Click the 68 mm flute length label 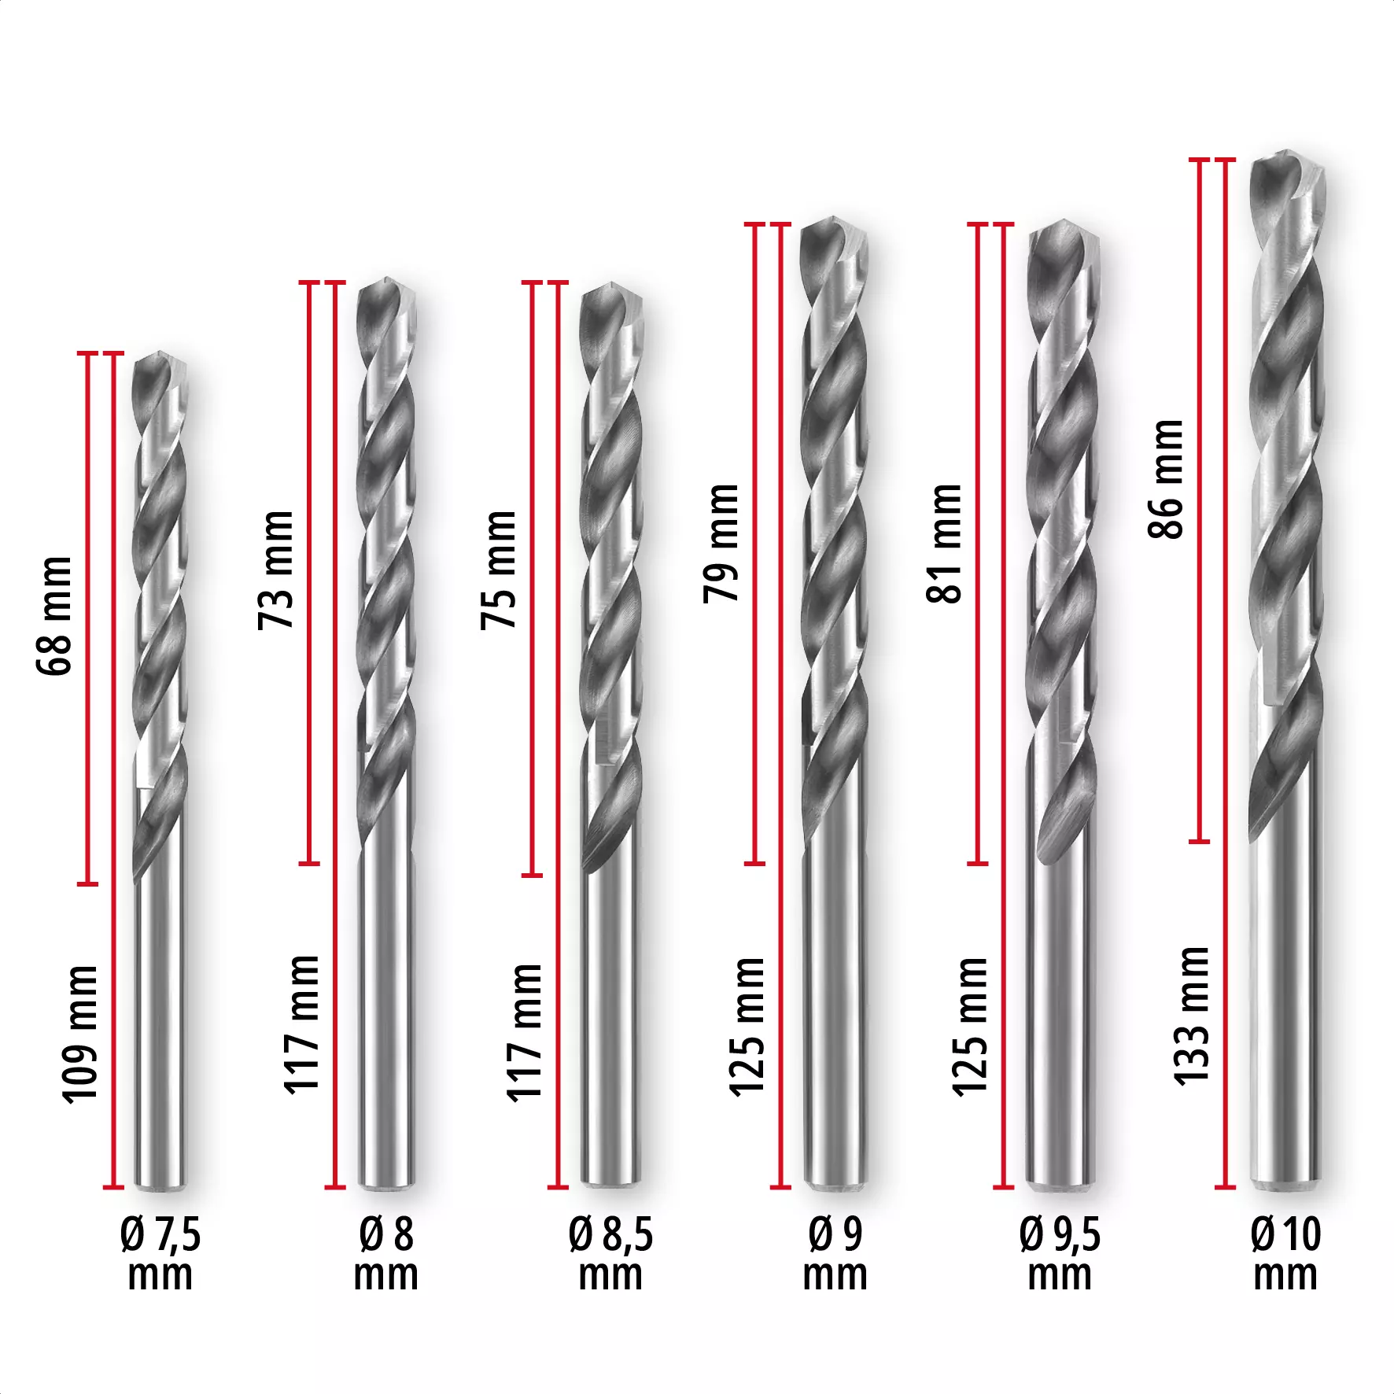[x=55, y=615]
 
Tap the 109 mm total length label [x=80, y=1034]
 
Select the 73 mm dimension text [x=277, y=570]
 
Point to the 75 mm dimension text [x=500, y=570]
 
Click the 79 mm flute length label [x=722, y=544]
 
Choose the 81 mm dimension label [x=945, y=544]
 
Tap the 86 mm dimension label [x=1166, y=479]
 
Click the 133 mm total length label [x=1191, y=1016]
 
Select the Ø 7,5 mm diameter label [x=160, y=1254]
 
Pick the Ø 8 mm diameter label [x=385, y=1254]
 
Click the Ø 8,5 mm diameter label [x=610, y=1254]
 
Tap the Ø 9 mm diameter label [x=835, y=1254]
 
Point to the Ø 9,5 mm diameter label [x=1060, y=1254]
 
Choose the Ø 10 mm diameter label [x=1285, y=1254]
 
